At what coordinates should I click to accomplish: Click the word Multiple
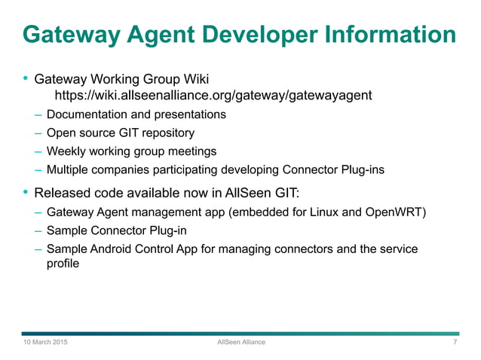67,170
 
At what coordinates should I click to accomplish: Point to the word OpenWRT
396,211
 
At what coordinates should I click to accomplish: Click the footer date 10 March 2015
44,343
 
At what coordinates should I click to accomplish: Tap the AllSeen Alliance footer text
240,343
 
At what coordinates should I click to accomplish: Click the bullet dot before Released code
26,192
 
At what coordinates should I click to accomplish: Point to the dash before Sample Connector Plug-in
38,230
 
